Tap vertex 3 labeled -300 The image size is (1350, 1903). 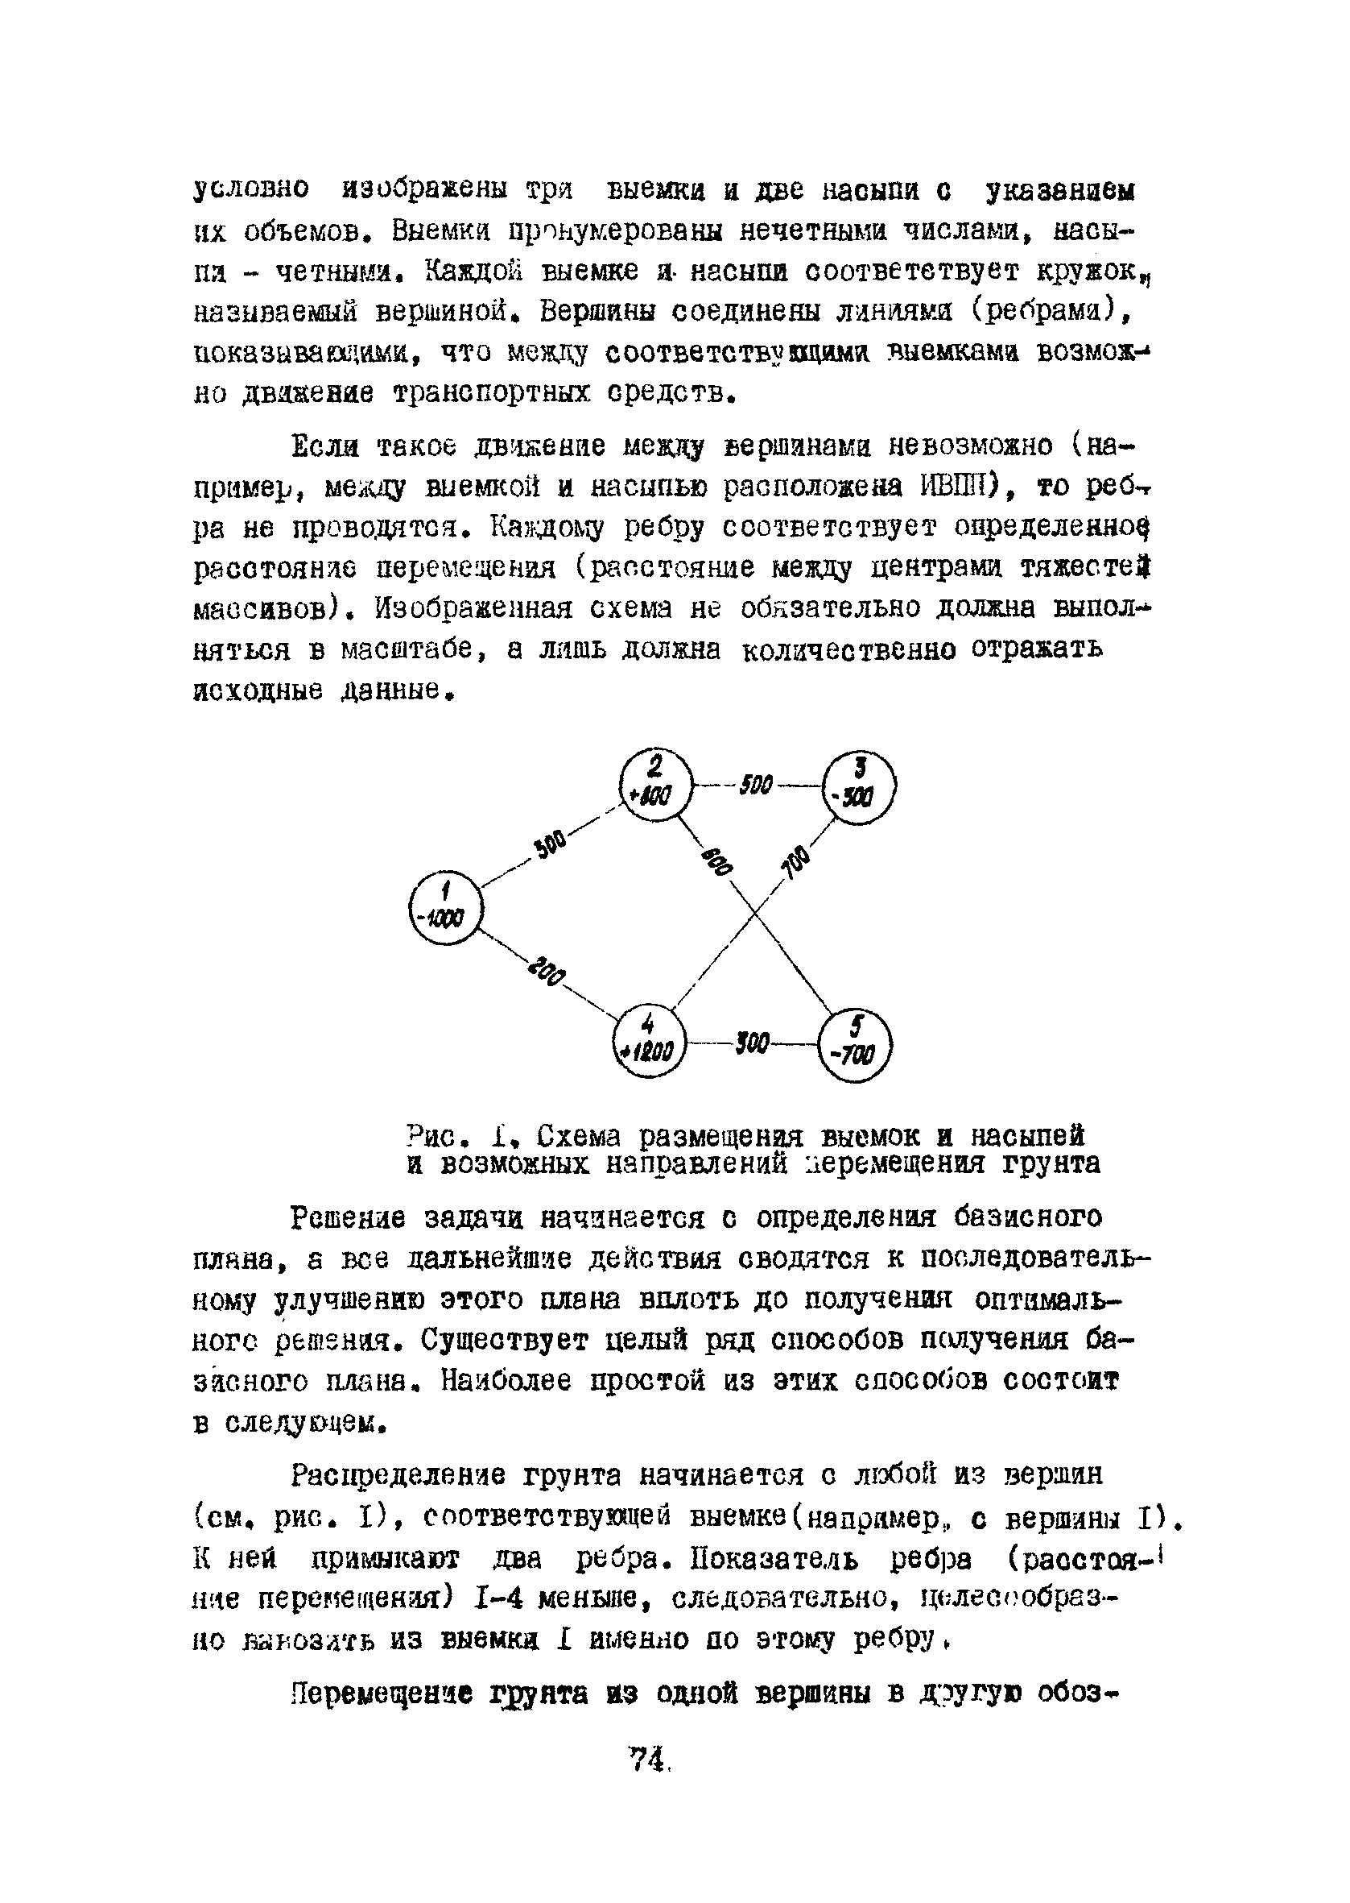(x=859, y=787)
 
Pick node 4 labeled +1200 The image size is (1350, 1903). (x=648, y=1041)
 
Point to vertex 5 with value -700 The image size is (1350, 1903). (x=856, y=1046)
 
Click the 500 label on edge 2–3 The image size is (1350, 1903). (x=756, y=784)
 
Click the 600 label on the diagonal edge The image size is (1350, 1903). (x=716, y=860)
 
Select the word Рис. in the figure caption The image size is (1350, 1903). (x=439, y=1137)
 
